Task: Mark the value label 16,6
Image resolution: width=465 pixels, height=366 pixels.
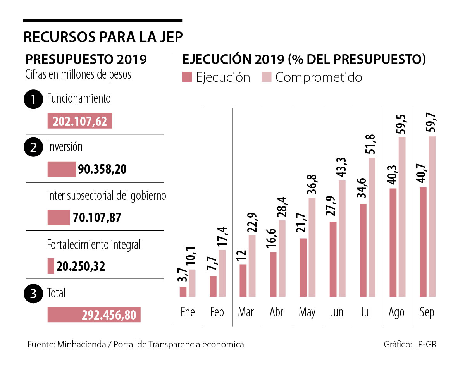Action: click(x=273, y=239)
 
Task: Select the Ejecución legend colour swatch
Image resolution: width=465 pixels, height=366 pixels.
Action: click(x=187, y=77)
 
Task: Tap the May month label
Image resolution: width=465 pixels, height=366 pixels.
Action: click(x=307, y=313)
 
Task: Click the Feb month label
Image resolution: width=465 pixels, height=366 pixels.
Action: click(x=217, y=312)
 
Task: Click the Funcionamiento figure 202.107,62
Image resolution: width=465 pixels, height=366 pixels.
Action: click(x=80, y=121)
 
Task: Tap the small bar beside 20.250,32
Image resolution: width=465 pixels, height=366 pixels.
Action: click(x=51, y=266)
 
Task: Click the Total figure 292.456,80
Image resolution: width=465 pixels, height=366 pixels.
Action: click(x=109, y=315)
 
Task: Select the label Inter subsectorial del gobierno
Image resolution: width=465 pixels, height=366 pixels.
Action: click(x=107, y=196)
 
